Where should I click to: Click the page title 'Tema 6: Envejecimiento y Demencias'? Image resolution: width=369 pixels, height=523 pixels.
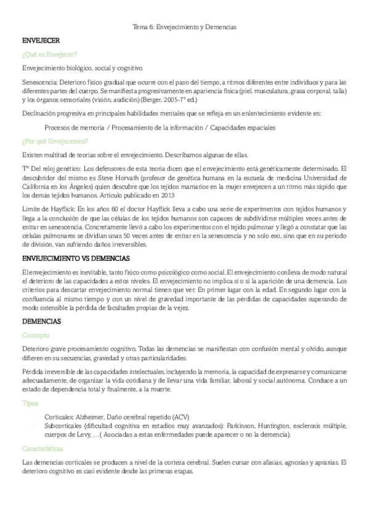click(x=185, y=27)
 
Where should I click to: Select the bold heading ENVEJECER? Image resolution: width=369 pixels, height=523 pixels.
click(x=40, y=40)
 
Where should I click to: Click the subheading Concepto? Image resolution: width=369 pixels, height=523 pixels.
click(x=36, y=335)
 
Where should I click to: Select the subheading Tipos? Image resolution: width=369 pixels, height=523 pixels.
click(x=30, y=403)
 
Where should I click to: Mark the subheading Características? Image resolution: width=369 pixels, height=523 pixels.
click(x=45, y=449)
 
